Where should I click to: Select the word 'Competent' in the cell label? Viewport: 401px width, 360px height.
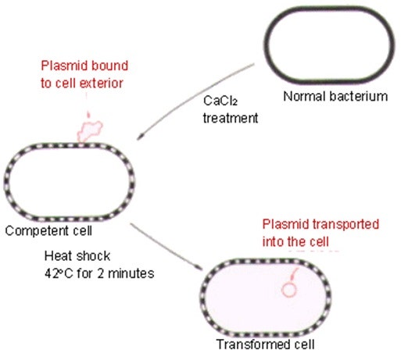tap(29, 231)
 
